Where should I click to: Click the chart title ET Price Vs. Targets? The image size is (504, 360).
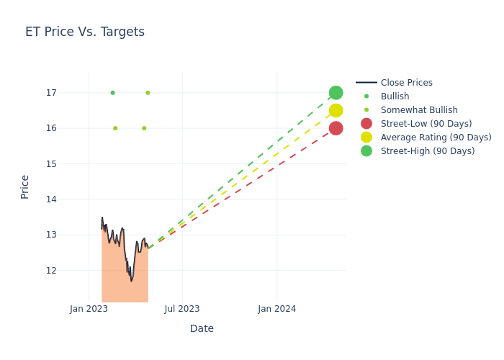85,32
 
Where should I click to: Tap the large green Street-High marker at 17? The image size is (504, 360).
336,93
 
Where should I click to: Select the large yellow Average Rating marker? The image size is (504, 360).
336,110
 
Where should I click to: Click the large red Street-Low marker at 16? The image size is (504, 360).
336,128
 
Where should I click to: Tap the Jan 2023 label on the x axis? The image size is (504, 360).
89,309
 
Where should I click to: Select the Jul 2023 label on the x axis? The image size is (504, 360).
182,309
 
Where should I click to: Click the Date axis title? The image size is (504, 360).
202,328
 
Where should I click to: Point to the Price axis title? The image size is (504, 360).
25,186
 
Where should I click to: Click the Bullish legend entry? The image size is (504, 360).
395,96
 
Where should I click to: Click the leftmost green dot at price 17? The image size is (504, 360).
112,93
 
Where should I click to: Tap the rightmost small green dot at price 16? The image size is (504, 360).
144,128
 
